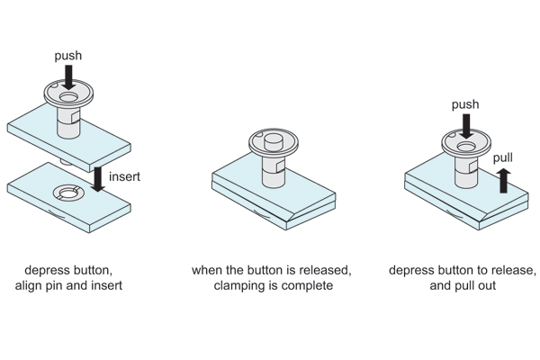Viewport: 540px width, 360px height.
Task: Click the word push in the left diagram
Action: point(68,56)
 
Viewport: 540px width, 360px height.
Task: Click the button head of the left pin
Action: point(68,94)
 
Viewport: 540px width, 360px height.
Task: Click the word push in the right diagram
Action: point(465,105)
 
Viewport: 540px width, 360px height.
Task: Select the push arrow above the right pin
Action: point(465,126)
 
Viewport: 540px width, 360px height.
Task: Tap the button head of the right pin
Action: point(466,144)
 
